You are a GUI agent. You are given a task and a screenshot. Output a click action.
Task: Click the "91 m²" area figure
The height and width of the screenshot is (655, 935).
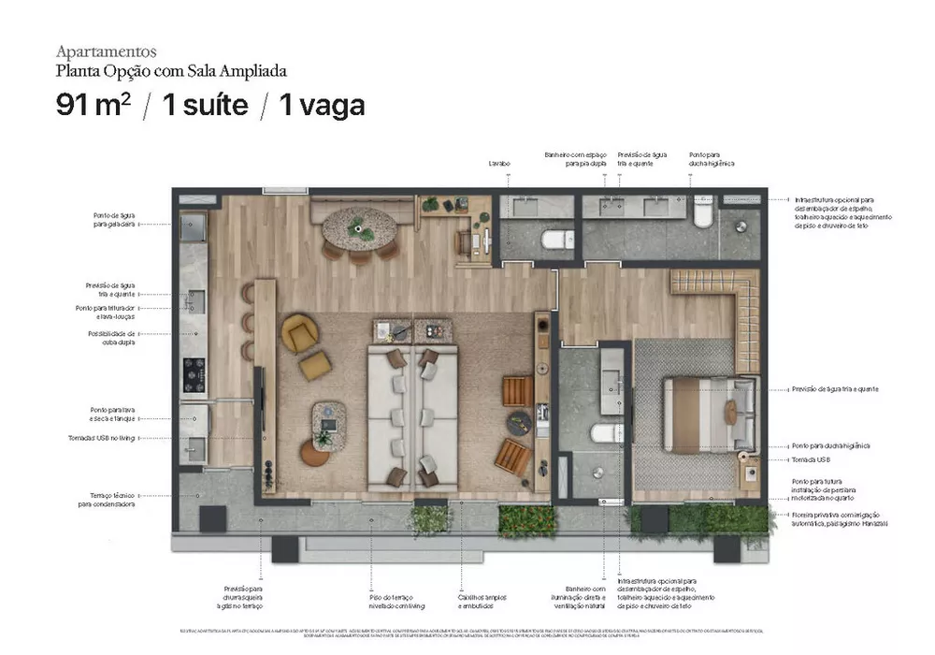(93, 105)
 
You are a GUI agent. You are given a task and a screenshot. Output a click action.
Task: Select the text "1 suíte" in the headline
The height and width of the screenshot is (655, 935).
(206, 105)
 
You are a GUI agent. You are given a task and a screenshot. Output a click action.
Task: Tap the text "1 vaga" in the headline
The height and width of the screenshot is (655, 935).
(322, 105)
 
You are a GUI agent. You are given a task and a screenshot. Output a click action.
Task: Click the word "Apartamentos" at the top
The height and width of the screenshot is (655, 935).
(107, 51)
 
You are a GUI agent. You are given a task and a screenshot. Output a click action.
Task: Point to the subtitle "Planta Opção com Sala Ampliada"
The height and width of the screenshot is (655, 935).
(171, 70)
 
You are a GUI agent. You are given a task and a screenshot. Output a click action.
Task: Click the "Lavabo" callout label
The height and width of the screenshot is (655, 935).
(499, 164)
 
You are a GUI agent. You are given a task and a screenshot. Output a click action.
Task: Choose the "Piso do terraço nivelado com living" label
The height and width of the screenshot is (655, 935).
(391, 602)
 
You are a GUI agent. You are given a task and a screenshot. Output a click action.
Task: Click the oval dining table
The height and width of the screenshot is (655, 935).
(359, 226)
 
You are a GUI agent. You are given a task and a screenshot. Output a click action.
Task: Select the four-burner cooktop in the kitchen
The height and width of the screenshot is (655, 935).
(194, 373)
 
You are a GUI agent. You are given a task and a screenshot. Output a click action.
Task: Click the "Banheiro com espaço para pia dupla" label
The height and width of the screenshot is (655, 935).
(571, 159)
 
